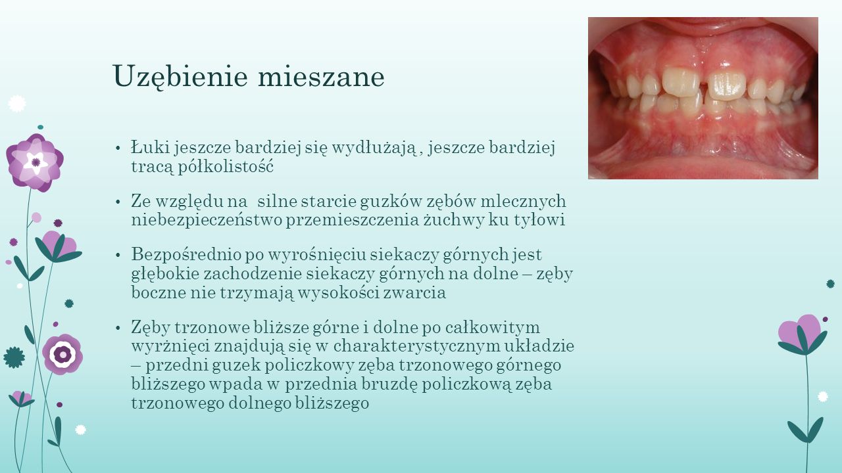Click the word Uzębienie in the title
pyautogui.click(x=180, y=77)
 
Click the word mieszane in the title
pyautogui.click(x=322, y=76)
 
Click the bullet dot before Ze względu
pyautogui.click(x=118, y=202)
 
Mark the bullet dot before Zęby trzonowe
pyautogui.click(x=118, y=328)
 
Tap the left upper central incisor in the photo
pyautogui.click(x=680, y=82)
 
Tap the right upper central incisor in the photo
pyautogui.click(x=726, y=85)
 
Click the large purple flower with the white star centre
pyautogui.click(x=35, y=163)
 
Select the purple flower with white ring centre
pyautogui.click(x=62, y=354)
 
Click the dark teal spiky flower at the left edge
pyautogui.click(x=14, y=357)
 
